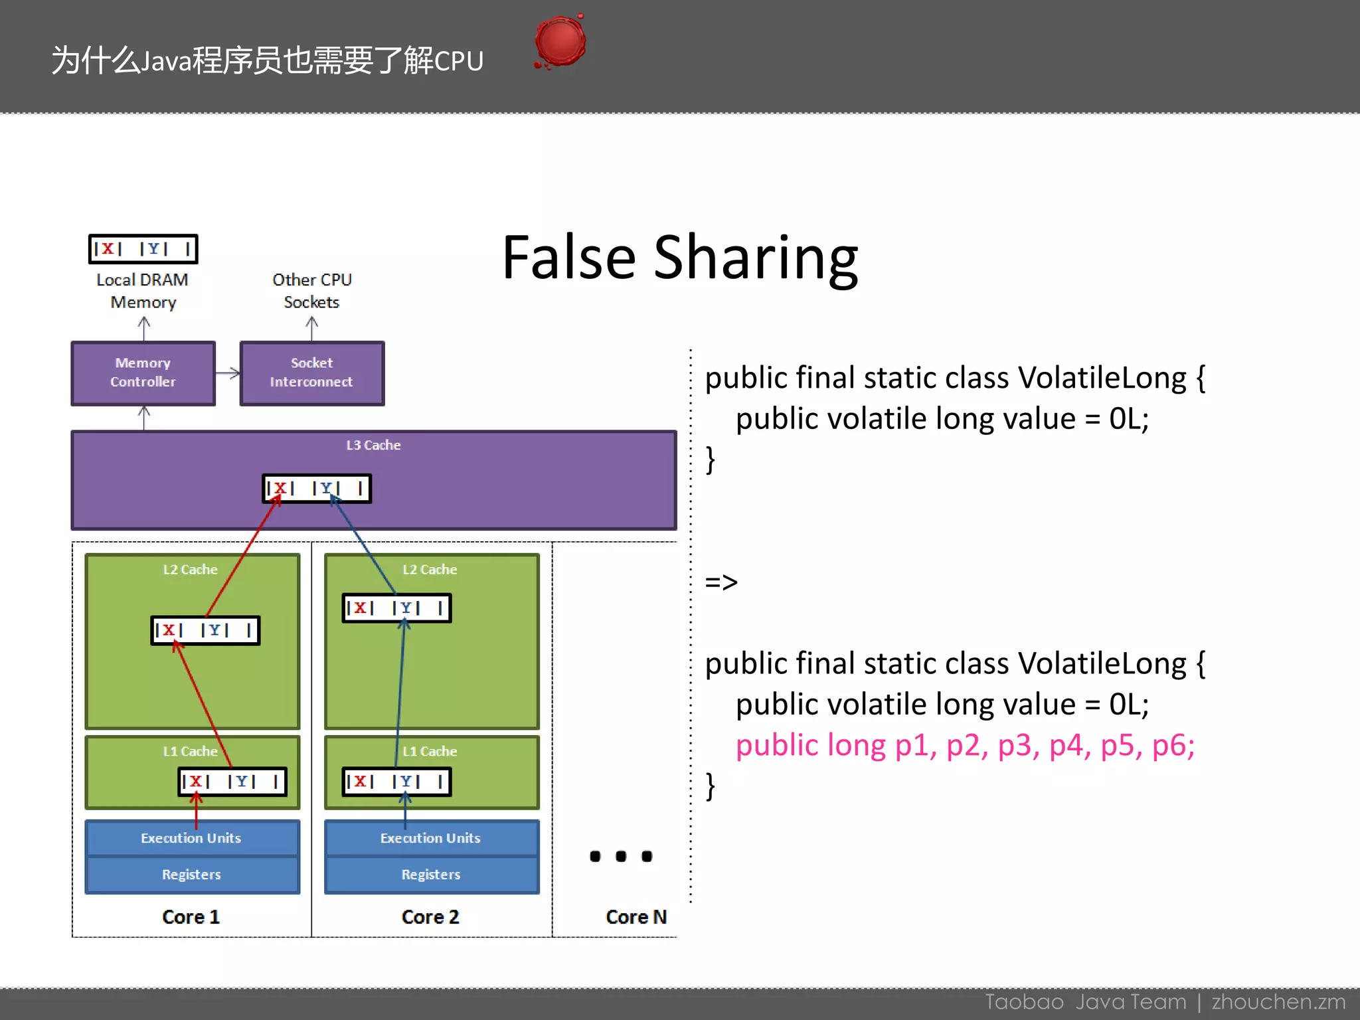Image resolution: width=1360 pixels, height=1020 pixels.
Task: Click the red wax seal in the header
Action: tap(560, 41)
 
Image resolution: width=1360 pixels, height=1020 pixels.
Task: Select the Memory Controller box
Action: tap(143, 373)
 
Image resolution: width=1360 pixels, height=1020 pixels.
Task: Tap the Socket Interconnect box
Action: tap(311, 373)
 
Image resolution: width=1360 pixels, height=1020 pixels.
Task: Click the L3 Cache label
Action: tap(373, 445)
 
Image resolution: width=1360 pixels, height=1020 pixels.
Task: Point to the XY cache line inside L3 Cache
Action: tap(317, 488)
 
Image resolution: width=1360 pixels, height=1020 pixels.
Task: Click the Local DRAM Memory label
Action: tap(143, 291)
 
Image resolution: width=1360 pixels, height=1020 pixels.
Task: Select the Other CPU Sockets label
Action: tap(311, 291)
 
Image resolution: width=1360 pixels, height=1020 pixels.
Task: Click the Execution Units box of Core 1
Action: tap(192, 838)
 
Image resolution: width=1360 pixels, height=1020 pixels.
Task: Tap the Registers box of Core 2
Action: tap(431, 875)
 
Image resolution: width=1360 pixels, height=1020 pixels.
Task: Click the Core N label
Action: tap(636, 917)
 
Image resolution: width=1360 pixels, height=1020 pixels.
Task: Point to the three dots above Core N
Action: tap(621, 856)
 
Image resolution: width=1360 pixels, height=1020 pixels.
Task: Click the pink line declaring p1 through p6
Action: tap(964, 746)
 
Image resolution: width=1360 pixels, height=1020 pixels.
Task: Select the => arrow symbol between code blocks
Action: tap(721, 582)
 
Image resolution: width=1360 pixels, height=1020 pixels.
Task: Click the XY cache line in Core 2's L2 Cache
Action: tap(396, 608)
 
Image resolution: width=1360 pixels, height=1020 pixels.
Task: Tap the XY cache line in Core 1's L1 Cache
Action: tap(232, 782)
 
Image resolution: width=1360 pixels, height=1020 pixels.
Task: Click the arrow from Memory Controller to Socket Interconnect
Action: tap(228, 373)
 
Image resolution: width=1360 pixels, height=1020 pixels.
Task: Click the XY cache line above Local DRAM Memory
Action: tap(143, 249)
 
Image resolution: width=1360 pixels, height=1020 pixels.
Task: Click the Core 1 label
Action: tap(191, 917)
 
